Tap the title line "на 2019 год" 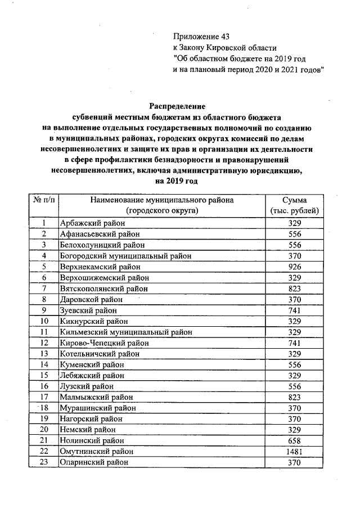[x=177, y=182]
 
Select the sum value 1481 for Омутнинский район [x=295, y=452]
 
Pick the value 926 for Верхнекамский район [x=295, y=267]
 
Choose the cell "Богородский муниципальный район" [x=125, y=256]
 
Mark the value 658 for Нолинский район [x=295, y=440]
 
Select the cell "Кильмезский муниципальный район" [x=126, y=332]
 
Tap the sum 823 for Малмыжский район [x=295, y=397]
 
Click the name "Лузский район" [x=87, y=386]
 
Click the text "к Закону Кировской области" [x=224, y=48]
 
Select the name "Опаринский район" [x=94, y=462]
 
